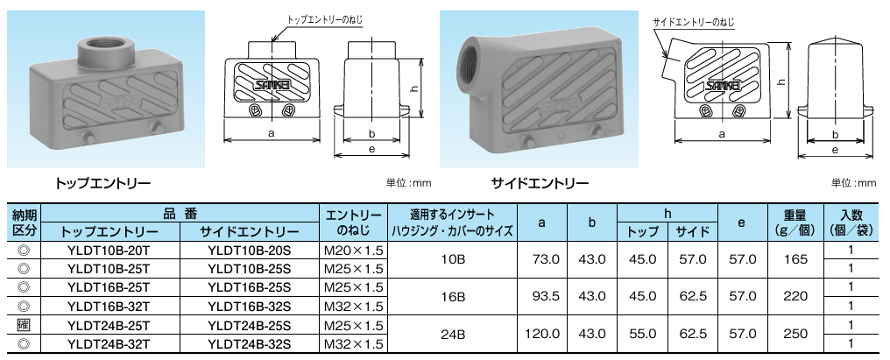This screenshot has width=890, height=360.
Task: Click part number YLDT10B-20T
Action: pos(109,250)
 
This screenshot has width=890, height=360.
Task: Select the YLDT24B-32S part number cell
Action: pos(249,343)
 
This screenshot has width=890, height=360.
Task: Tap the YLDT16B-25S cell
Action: pos(249,287)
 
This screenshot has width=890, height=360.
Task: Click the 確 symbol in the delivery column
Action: pos(24,325)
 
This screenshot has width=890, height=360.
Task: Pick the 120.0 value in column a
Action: pos(541,334)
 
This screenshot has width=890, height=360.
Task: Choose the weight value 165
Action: pos(795,259)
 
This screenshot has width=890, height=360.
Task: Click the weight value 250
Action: pos(795,334)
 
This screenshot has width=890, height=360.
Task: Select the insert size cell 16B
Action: pos(452,296)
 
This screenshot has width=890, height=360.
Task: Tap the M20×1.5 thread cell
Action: pos(354,250)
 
